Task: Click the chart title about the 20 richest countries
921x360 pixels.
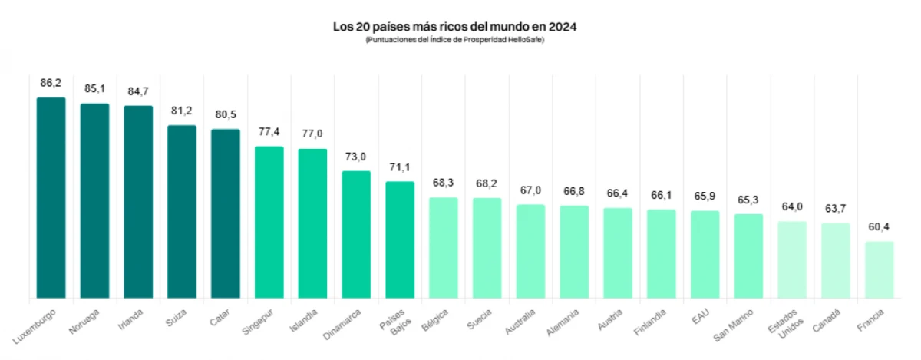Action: (454, 27)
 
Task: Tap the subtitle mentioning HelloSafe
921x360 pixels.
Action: (454, 40)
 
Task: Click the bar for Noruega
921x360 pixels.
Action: (95, 201)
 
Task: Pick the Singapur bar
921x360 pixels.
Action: (269, 223)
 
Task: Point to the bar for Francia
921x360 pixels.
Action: (879, 270)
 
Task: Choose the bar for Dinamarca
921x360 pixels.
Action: (356, 235)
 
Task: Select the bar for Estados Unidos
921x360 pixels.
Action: (792, 260)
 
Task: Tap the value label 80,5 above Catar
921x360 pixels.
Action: (226, 114)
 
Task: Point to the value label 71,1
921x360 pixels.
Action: (400, 167)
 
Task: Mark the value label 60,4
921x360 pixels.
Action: (879, 226)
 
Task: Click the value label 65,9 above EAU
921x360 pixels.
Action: (705, 196)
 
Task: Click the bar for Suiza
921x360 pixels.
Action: (182, 212)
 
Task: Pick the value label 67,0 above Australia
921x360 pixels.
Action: (530, 190)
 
